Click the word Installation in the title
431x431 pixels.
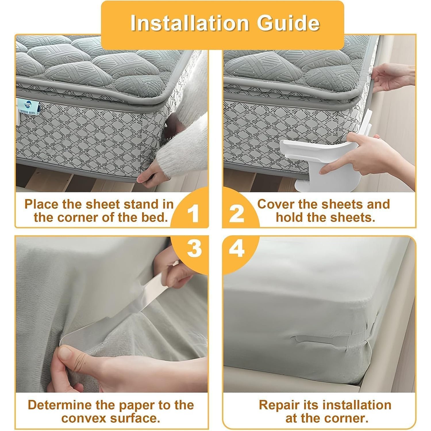coord(189,23)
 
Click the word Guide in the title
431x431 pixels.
coord(288,23)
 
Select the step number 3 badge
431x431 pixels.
coord(194,249)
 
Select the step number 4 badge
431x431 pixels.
coord(237,249)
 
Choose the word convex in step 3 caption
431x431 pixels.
coord(82,418)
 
